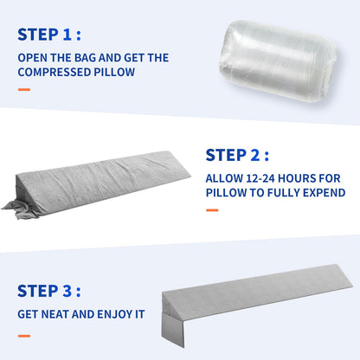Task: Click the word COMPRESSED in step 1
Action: (53, 72)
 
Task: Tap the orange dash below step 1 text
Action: (23, 88)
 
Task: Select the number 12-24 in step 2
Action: (263, 178)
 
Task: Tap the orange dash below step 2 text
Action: (212, 209)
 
